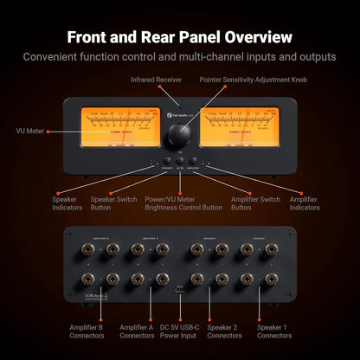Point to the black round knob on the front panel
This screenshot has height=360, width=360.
pos(181,134)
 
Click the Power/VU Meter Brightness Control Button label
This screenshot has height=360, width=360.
pos(182,202)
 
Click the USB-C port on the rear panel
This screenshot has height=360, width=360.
pos(179,290)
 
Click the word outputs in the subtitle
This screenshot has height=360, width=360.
pos(313,57)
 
